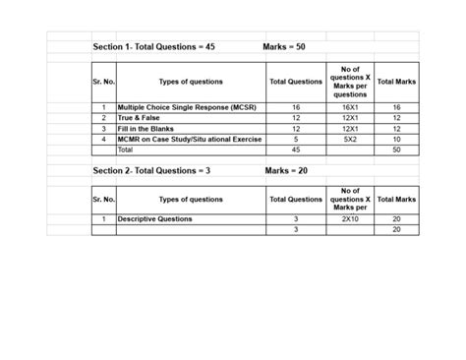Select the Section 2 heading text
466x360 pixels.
(151, 170)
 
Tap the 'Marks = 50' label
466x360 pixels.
(285, 46)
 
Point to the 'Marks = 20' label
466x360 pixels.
(286, 170)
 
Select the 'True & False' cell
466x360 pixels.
(139, 118)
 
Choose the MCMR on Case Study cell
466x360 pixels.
(190, 140)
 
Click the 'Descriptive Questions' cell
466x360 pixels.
(155, 218)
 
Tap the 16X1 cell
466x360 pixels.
(350, 107)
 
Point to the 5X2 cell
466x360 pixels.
(350, 140)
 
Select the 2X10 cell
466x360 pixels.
(350, 218)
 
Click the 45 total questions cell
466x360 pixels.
(296, 150)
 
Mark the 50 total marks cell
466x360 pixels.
(396, 150)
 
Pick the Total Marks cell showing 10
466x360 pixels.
(396, 140)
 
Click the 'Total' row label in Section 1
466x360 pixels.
(125, 150)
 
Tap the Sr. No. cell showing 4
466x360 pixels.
(103, 140)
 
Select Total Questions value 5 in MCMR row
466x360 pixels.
(296, 140)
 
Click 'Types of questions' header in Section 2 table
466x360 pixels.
(190, 199)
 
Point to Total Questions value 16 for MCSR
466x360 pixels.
(296, 107)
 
